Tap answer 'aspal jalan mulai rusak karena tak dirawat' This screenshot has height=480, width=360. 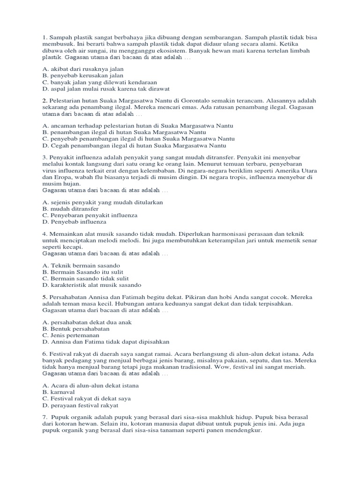(x=105, y=88)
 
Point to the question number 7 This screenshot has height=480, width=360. (x=44, y=417)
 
